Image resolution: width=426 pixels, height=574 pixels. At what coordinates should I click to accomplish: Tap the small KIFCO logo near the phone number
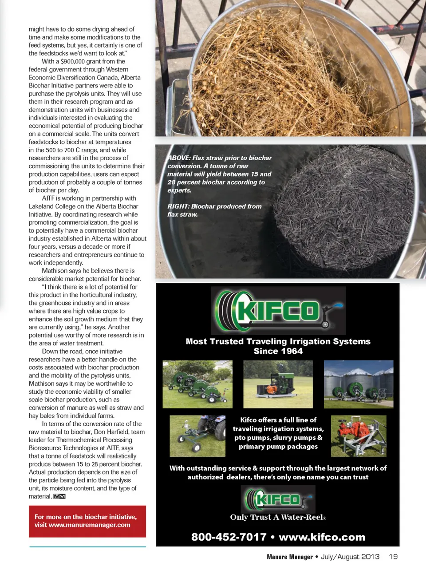[x=278, y=499]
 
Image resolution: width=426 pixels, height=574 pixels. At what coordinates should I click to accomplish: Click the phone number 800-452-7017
[x=229, y=537]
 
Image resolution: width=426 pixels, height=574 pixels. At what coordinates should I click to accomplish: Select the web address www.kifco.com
[x=322, y=537]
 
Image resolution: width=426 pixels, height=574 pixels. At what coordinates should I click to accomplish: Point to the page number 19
[x=393, y=557]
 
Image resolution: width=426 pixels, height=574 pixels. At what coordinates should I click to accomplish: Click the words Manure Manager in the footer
[x=289, y=557]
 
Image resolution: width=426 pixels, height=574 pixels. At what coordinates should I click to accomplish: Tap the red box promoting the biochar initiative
[x=87, y=521]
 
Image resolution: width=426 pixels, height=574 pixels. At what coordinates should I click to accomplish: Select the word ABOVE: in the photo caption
[x=179, y=158]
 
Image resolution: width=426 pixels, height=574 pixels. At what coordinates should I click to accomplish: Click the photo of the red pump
[x=359, y=436]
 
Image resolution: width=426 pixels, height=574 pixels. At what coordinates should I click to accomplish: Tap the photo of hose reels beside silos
[x=359, y=384]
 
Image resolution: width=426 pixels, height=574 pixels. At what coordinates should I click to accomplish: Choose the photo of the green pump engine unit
[x=278, y=384]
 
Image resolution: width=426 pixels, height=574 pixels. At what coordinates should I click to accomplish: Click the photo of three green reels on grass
[x=197, y=384]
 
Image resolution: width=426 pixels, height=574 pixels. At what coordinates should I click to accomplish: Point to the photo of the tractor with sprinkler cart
[x=197, y=436]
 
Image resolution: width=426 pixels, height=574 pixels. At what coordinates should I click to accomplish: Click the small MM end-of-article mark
[x=59, y=496]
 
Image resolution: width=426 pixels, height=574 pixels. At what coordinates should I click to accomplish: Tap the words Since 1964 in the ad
[x=278, y=351]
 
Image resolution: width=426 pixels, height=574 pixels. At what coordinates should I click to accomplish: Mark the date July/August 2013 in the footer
[x=350, y=557]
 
